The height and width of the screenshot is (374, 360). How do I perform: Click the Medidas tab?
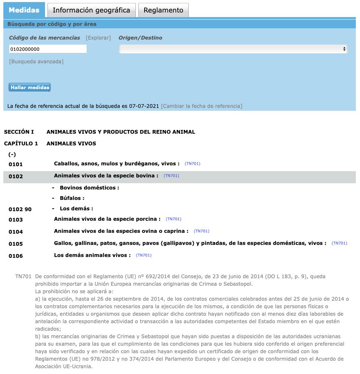(x=24, y=10)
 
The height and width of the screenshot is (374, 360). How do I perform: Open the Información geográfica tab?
(x=91, y=10)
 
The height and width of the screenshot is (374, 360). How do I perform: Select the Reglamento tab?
(x=163, y=10)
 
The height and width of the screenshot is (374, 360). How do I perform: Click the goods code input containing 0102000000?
(x=47, y=49)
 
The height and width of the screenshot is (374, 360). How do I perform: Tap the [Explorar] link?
(x=98, y=38)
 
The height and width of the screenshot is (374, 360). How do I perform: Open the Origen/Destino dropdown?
(x=233, y=49)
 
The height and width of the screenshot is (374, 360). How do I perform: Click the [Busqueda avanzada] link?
(x=36, y=62)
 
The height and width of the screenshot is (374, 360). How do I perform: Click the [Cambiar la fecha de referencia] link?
(x=202, y=106)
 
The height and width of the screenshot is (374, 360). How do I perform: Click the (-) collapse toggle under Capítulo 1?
(x=12, y=155)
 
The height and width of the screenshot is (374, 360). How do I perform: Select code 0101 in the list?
(x=16, y=164)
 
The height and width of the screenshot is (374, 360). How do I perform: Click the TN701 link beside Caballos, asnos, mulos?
(x=192, y=164)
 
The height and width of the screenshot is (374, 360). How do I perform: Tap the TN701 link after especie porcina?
(x=173, y=219)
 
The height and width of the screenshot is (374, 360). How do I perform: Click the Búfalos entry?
(x=72, y=198)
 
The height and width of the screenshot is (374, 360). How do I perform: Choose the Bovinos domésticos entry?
(x=89, y=188)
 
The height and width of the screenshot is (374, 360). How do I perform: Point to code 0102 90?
(x=20, y=209)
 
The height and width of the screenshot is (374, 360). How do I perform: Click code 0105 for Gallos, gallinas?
(x=16, y=244)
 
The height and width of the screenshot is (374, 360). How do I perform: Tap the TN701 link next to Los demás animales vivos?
(x=143, y=255)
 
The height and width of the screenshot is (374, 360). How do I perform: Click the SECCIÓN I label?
(x=19, y=132)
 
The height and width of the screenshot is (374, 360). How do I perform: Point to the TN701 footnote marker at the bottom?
(x=23, y=276)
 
